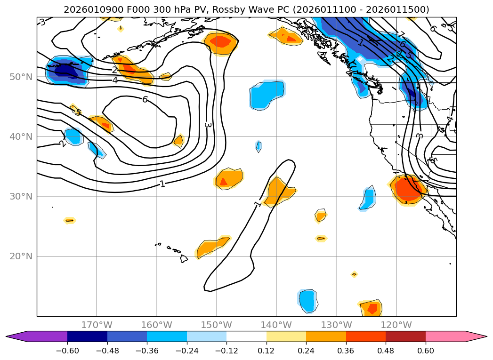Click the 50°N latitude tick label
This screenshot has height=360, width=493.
point(21,77)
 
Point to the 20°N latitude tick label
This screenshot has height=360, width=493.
point(21,257)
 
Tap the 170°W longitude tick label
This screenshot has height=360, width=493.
point(97,325)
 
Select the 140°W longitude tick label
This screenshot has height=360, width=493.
point(276,325)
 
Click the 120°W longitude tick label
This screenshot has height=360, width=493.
point(396,325)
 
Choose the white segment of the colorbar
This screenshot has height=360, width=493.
point(246,336)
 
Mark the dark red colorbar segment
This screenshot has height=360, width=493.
point(405,336)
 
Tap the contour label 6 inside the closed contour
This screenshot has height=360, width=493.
point(145,99)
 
